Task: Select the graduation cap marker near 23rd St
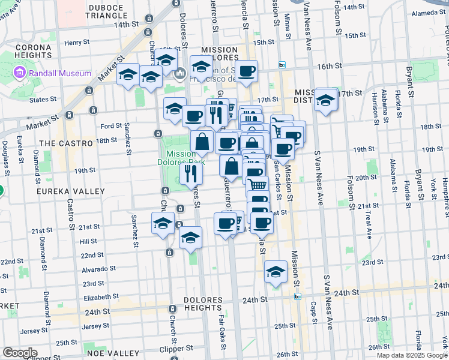pos(276,272)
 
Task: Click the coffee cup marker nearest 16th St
pos(246,73)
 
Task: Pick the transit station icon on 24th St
pos(297,296)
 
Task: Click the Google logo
pos(20,353)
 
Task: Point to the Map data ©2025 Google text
pos(412,355)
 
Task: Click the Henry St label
pos(77,43)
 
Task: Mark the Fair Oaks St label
pos(222,326)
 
